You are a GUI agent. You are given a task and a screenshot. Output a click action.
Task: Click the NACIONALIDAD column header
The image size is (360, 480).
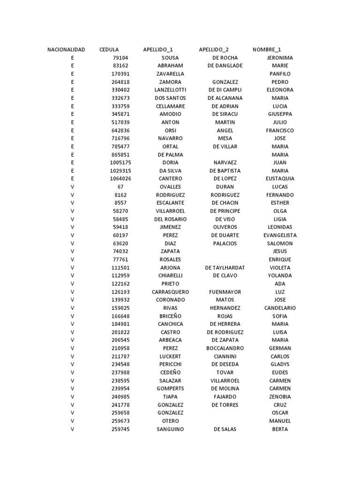point(66,49)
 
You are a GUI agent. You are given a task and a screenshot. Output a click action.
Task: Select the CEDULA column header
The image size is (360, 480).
point(109,49)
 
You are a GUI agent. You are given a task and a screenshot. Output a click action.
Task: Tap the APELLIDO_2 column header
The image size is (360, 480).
point(214,49)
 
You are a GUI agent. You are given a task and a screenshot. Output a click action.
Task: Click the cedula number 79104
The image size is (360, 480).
point(120,58)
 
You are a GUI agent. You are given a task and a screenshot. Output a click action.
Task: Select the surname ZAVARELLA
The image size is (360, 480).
point(170,74)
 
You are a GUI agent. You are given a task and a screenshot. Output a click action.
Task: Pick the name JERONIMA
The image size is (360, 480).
point(280,58)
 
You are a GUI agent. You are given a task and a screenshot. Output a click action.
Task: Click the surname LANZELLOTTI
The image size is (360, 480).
point(170,90)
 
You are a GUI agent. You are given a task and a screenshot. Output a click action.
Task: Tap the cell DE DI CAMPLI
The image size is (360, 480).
point(225,90)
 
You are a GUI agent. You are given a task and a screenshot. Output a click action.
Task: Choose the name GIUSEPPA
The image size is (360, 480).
point(280,114)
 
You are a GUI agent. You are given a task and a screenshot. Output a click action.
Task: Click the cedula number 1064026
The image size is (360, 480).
point(120,179)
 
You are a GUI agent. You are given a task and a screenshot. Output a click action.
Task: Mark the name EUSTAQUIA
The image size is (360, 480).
point(280,179)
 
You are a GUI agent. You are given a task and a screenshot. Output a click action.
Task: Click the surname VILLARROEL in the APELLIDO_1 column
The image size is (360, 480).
point(170,211)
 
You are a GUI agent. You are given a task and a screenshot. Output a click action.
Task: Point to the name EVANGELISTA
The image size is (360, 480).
point(280,235)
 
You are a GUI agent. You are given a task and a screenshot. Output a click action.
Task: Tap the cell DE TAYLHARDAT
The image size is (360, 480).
point(225,268)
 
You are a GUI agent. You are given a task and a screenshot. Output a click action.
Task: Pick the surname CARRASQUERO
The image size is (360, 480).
point(170,292)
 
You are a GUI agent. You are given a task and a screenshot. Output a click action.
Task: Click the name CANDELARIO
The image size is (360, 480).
point(280,308)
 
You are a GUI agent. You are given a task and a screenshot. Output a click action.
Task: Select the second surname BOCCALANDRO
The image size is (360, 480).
point(225,348)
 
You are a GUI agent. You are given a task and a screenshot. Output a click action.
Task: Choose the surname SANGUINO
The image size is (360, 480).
point(170,429)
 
